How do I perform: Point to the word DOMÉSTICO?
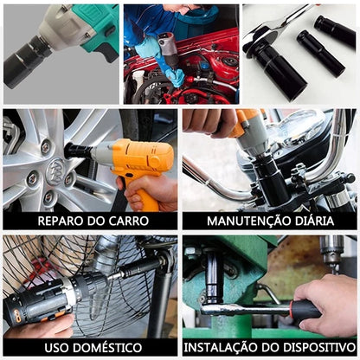(105, 348)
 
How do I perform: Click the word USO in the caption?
(54, 348)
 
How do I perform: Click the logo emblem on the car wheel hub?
(55, 172)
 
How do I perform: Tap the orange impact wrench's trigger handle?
(138, 189)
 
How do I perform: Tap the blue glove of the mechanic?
(162, 62)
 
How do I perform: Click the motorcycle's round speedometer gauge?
(300, 127)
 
